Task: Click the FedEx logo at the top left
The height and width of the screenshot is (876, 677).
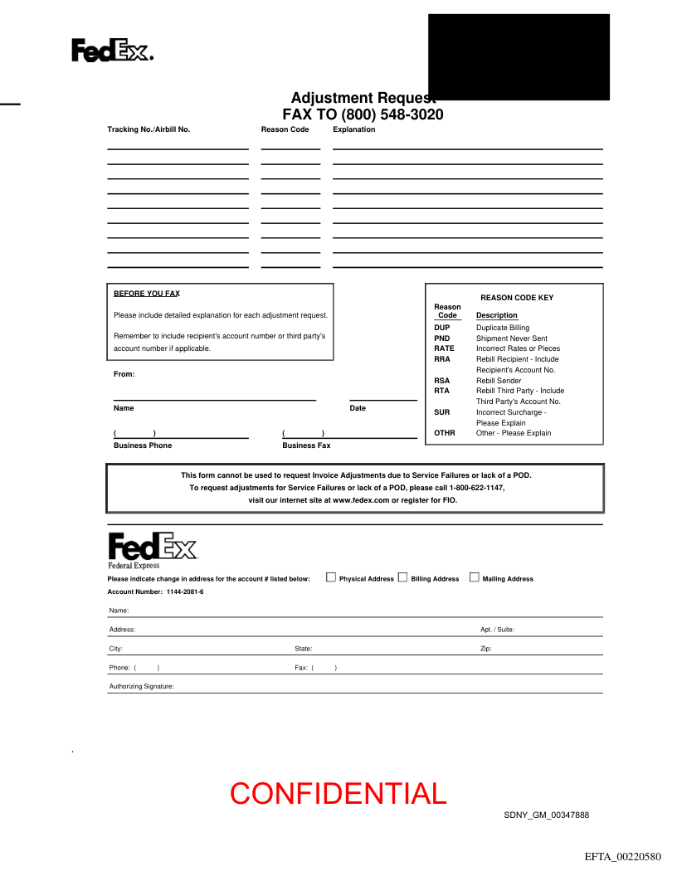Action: [112, 51]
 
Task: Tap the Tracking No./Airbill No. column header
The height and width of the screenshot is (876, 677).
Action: [149, 129]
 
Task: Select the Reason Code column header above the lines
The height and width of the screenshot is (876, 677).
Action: [285, 129]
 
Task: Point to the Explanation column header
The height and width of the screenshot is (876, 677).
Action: [353, 129]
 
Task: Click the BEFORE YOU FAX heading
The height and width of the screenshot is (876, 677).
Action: [147, 294]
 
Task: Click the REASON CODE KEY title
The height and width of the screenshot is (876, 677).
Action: [516, 298]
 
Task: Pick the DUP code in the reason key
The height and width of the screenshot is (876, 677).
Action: [441, 328]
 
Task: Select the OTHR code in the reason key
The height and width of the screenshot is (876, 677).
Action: [445, 433]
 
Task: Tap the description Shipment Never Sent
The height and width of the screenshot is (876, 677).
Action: [511, 338]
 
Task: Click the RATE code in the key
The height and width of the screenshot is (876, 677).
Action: [444, 348]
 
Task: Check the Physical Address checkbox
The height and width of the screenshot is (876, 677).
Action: [331, 577]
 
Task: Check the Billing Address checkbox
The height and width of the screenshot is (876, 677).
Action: [403, 577]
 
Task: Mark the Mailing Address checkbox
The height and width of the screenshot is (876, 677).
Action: [475, 577]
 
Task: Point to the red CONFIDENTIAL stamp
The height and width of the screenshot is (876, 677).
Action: [338, 794]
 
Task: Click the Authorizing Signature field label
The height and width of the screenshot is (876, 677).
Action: [142, 687]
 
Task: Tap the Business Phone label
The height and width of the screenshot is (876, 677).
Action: [143, 445]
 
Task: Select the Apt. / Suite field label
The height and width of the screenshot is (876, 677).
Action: [497, 630]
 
